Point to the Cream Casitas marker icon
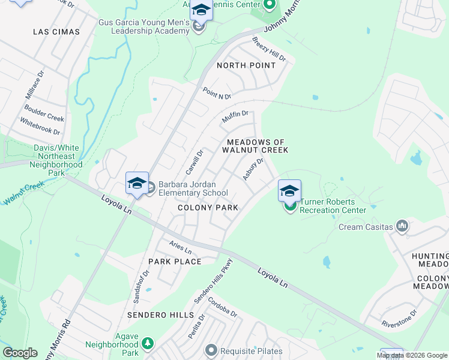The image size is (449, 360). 402,226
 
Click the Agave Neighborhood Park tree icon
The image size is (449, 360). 147,344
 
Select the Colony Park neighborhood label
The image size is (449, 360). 208,208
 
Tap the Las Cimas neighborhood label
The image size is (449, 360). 56,31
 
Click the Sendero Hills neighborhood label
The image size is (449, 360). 160,315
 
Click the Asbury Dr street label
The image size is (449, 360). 253,169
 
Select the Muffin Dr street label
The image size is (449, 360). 235,116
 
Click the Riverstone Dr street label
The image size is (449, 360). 399,319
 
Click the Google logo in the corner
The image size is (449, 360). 20,353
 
